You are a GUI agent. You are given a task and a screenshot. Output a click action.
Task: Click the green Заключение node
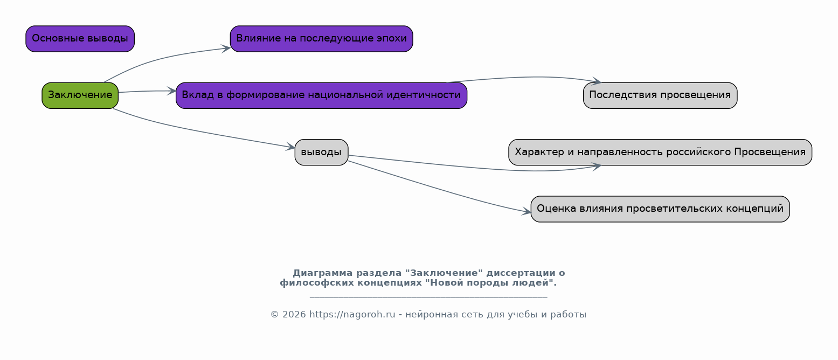pos(80,95)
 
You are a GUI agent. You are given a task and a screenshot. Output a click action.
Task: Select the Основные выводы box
pos(80,39)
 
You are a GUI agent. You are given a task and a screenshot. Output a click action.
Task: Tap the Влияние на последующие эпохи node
pos(321,39)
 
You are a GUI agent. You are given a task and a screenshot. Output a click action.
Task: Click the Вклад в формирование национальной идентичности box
pos(321,95)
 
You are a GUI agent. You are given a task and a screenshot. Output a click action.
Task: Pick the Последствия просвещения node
pos(660,95)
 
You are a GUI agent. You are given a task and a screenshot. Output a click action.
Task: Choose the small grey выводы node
pos(321,153)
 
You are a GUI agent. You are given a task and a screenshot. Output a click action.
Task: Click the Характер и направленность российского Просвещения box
pos(660,153)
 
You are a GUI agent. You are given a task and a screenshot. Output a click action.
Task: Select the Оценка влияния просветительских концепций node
pos(660,209)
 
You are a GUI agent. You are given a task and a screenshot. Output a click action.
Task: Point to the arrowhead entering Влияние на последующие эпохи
pos(226,49)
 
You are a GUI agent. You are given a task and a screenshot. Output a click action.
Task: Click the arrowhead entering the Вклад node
pos(172,91)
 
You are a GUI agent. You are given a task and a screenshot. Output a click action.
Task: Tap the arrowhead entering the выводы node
pos(290,147)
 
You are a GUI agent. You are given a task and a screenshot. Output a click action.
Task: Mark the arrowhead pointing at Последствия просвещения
pos(597,81)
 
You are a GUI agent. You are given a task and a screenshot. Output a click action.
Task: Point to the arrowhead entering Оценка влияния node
pos(527,212)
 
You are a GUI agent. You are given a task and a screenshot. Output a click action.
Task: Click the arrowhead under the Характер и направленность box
pos(597,167)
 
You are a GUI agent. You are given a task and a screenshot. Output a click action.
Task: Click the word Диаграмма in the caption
pos(322,273)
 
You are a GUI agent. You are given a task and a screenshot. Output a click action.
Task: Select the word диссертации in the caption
pos(521,273)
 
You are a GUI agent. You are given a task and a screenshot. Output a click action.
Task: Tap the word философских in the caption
pos(317,282)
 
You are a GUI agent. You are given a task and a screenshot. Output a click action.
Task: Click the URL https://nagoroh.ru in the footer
pos(352,314)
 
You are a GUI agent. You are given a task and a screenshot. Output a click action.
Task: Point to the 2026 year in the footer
pos(294,314)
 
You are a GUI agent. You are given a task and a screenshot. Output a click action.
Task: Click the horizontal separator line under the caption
pos(428,297)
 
